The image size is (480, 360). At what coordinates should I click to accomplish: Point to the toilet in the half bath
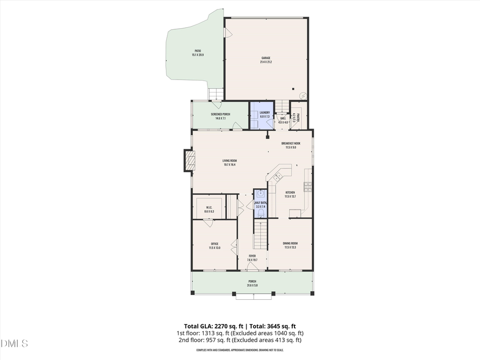point(260,213)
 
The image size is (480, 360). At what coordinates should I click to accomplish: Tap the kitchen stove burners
point(308,186)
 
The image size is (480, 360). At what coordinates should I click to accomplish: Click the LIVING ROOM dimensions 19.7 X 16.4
point(230,165)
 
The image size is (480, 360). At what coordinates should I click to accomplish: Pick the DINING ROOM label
point(290,244)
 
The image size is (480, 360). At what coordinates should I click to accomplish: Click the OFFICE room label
point(214,244)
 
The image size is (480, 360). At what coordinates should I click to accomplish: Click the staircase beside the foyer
point(259,235)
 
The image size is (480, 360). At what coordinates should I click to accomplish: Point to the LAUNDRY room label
point(265,113)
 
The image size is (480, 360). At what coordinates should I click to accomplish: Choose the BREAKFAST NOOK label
point(291,143)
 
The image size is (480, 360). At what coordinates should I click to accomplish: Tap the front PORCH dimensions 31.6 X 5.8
point(252,285)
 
